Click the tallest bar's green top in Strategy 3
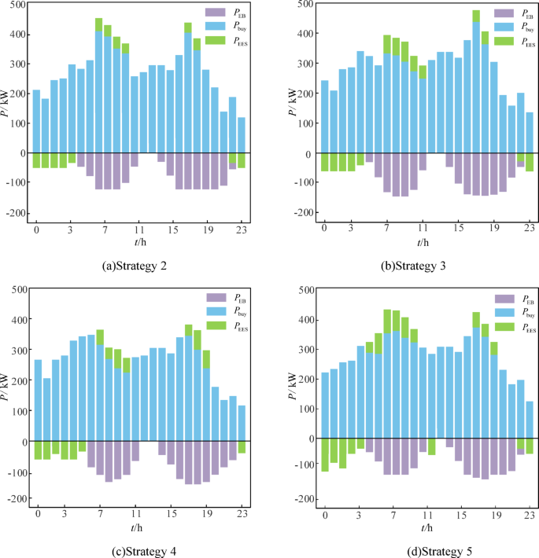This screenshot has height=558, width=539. tap(476, 16)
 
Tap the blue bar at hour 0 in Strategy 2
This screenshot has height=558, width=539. tap(36, 121)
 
